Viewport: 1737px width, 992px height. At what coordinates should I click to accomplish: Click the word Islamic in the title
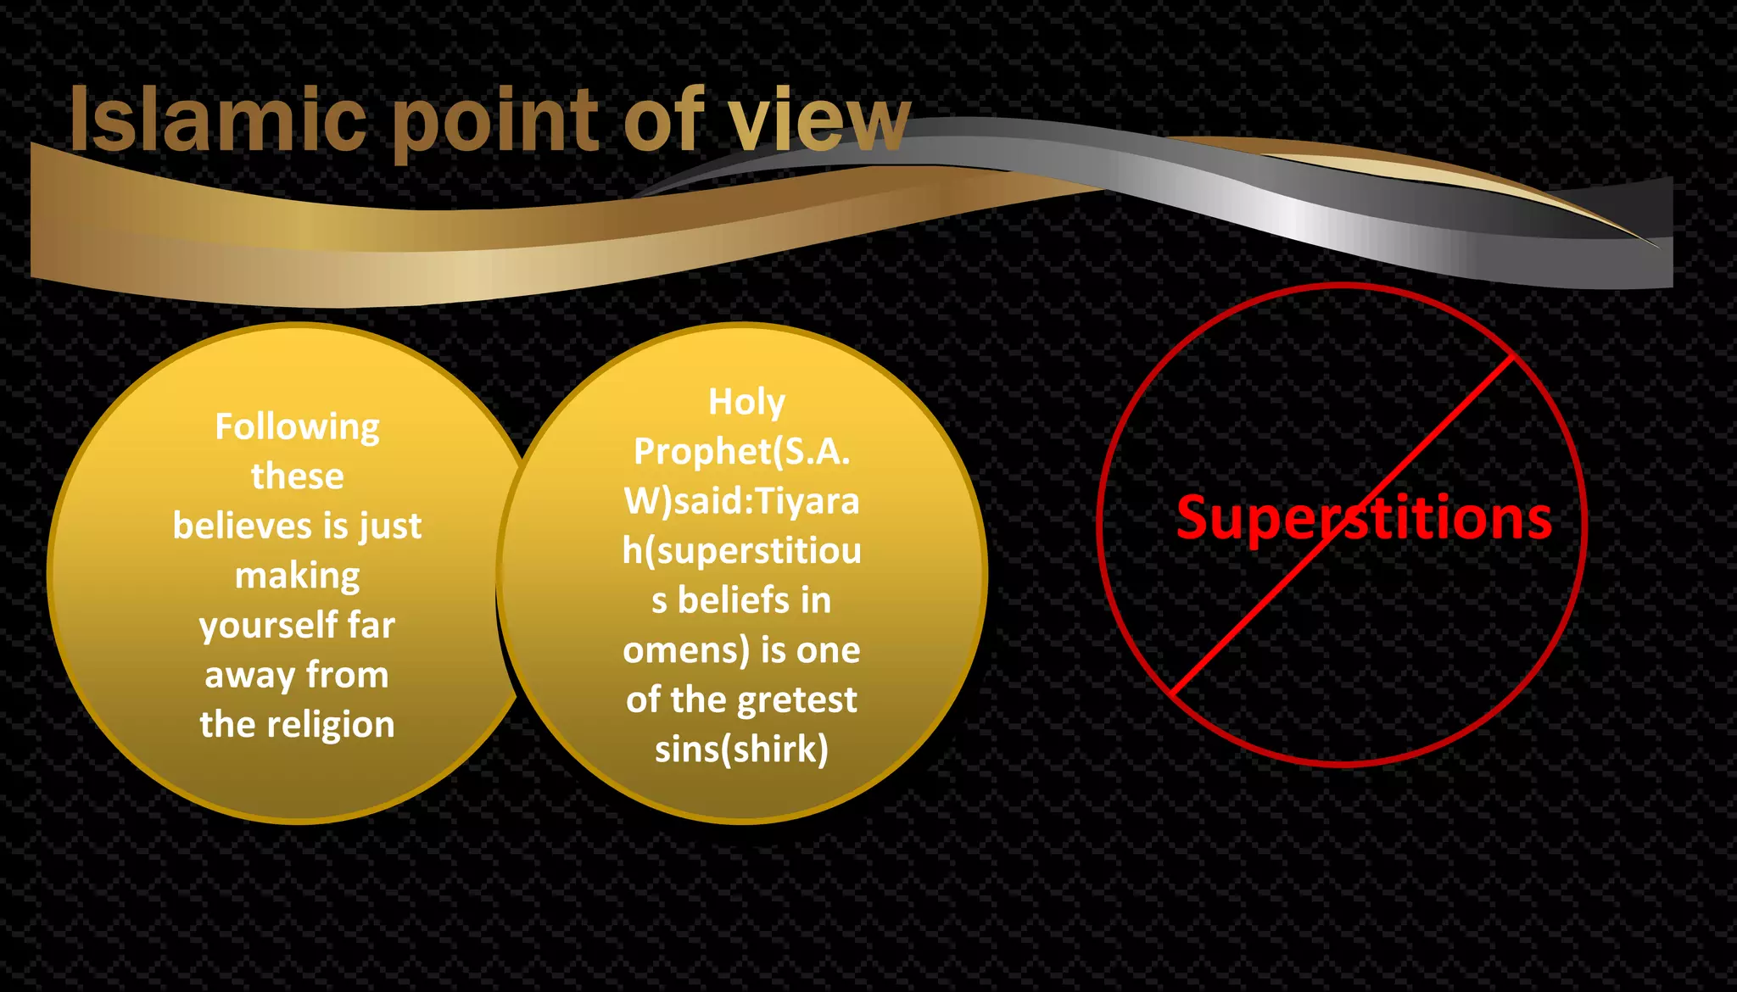pyautogui.click(x=217, y=120)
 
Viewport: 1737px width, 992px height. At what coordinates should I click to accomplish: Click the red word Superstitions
pyautogui.click(x=1364, y=518)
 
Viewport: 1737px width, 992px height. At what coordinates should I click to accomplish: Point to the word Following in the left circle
pyautogui.click(x=297, y=426)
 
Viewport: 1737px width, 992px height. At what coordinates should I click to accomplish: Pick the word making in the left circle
pyautogui.click(x=297, y=577)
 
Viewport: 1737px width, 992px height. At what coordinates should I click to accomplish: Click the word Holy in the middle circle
pyautogui.click(x=746, y=402)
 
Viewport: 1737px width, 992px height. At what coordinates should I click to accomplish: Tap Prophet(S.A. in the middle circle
pyautogui.click(x=741, y=452)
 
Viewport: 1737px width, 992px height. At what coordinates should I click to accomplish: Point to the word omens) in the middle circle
pyautogui.click(x=686, y=651)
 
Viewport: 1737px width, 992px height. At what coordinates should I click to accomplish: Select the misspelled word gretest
pyautogui.click(x=801, y=700)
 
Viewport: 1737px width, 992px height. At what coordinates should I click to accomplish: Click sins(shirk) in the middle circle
pyautogui.click(x=741, y=750)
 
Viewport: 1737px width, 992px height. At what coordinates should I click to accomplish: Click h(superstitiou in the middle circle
pyautogui.click(x=741, y=551)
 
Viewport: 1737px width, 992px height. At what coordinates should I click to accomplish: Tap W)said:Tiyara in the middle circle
pyautogui.click(x=741, y=501)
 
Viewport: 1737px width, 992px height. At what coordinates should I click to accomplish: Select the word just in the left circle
pyautogui.click(x=390, y=527)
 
